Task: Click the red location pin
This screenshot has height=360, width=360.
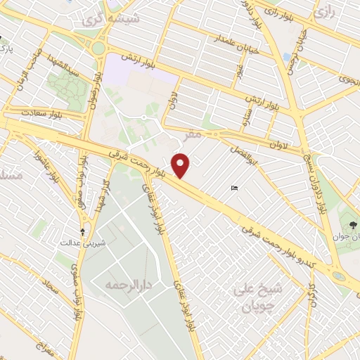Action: (x=182, y=165)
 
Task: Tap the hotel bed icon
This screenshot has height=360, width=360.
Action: (x=235, y=188)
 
